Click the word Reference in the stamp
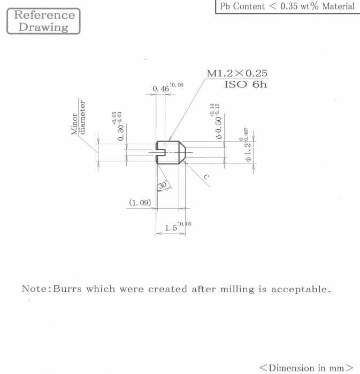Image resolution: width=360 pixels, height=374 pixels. (x=44, y=15)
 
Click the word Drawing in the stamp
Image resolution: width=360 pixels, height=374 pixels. (x=43, y=27)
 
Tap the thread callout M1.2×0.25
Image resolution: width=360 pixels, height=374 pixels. (x=237, y=73)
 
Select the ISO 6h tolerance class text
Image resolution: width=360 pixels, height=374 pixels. (x=246, y=84)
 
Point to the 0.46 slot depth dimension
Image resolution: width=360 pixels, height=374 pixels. (x=160, y=89)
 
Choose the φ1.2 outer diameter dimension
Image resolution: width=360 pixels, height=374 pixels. (x=248, y=152)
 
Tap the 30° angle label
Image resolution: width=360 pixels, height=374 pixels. (x=163, y=185)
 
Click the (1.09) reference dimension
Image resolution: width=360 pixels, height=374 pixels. (x=140, y=202)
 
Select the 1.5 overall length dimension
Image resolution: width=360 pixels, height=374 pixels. (x=171, y=228)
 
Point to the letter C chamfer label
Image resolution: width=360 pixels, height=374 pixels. (x=206, y=177)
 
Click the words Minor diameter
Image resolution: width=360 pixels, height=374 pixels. (x=78, y=118)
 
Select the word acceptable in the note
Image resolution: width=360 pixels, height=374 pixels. (x=301, y=289)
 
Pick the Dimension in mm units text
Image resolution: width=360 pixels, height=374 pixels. (x=307, y=368)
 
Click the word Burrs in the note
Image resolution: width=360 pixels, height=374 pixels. (x=67, y=289)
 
